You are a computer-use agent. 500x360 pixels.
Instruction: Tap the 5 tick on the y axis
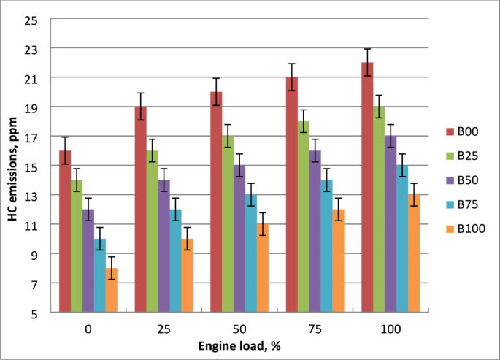(x=34, y=313)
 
